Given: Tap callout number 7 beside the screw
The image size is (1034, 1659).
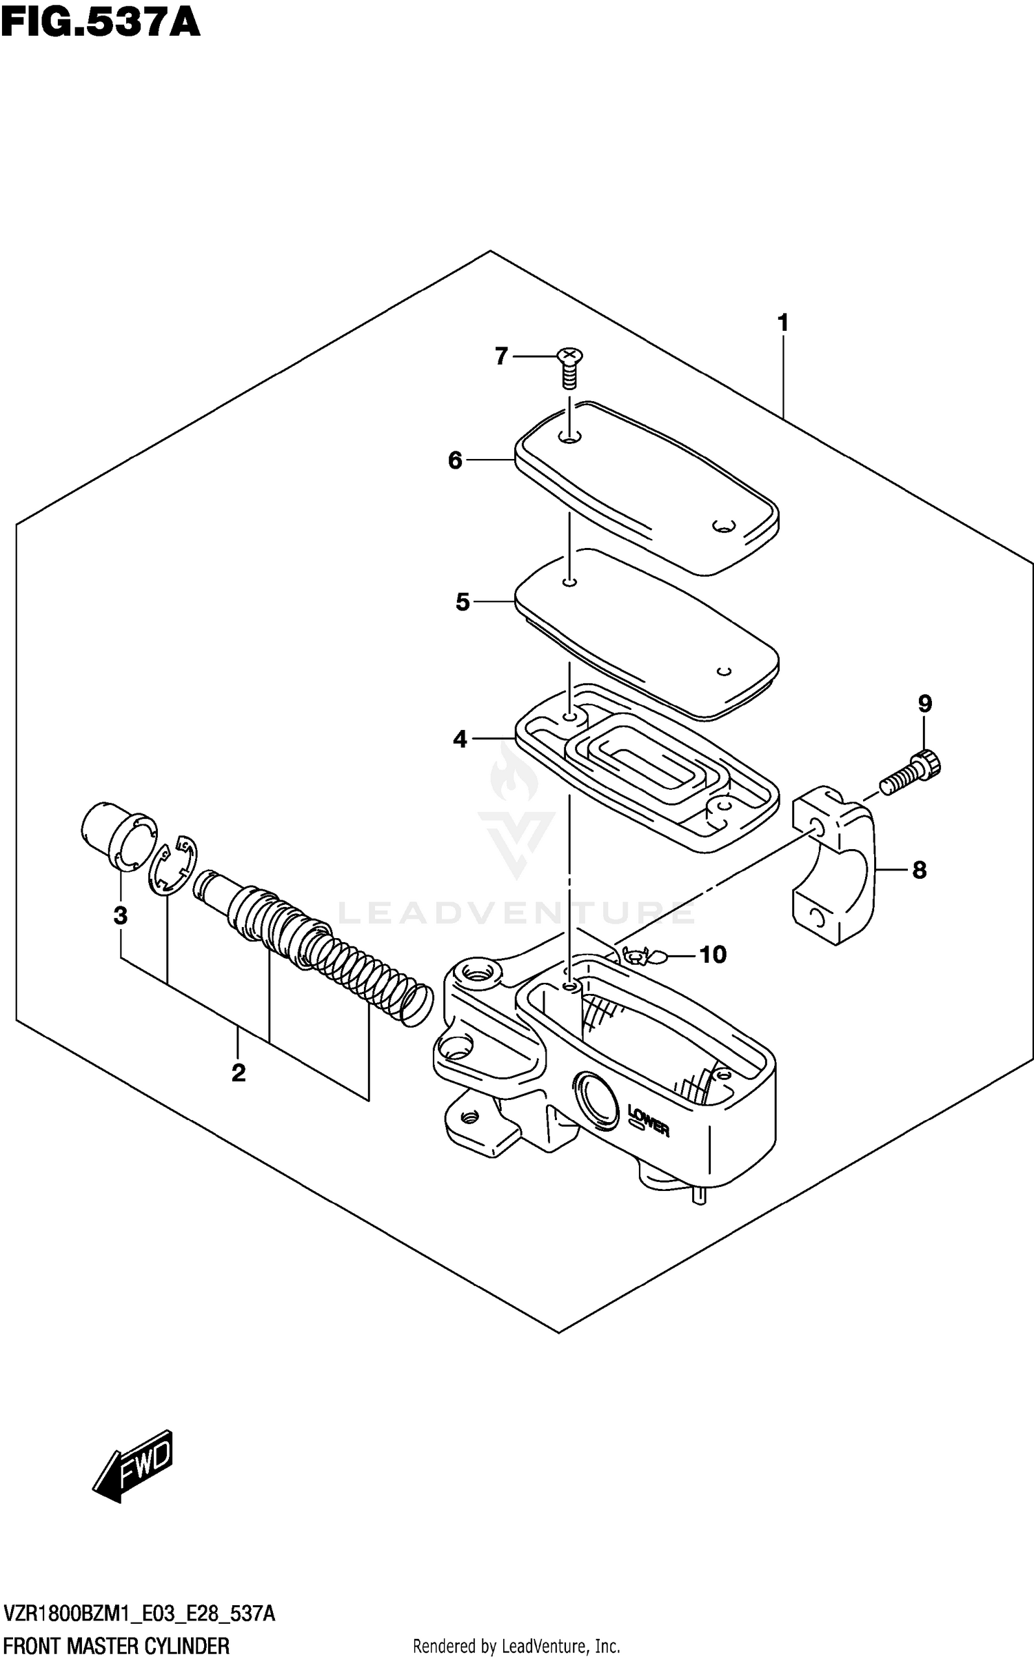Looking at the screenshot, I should [501, 356].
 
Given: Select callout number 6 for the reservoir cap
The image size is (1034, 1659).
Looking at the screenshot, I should [455, 460].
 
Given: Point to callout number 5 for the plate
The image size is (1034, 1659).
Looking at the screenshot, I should [462, 602].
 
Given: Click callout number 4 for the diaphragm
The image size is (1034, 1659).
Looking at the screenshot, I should [460, 740].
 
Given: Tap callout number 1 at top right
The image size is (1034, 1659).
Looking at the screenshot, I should [782, 323].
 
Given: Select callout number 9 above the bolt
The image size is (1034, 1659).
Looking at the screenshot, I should [924, 704].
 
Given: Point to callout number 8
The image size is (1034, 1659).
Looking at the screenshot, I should [919, 871].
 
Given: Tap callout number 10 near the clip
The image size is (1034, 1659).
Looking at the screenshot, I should [713, 955].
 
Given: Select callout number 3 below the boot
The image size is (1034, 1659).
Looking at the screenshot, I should [120, 916].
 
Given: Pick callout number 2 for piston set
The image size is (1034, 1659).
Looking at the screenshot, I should [239, 1072].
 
